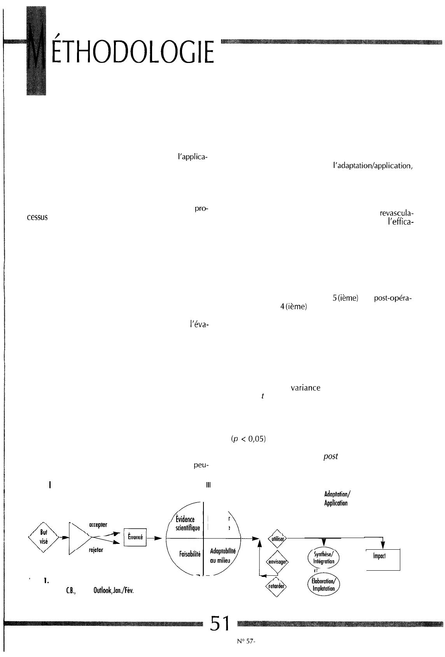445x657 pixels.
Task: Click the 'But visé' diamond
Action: [43, 538]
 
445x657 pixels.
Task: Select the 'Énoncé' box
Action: [135, 538]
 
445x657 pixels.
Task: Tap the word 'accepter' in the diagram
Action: [98, 524]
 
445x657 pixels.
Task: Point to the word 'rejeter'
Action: [96, 550]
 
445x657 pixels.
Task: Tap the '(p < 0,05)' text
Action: [248, 439]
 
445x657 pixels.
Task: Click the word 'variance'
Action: [305, 388]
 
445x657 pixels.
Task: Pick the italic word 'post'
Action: [330, 457]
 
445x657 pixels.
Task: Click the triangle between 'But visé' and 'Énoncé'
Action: [79, 538]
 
